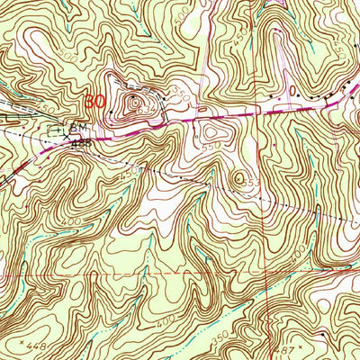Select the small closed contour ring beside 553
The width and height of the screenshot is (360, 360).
pos(238,178)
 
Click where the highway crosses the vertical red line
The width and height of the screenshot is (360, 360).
pos(267,112)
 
